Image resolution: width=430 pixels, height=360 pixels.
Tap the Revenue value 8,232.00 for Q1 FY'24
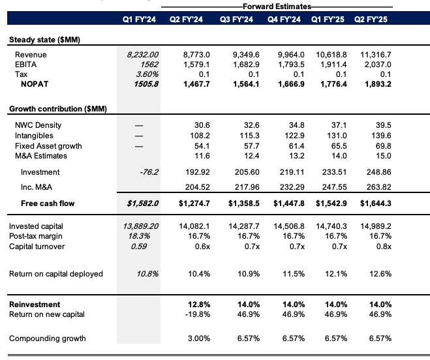(x=141, y=55)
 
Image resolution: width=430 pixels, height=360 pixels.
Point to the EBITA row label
(x=25, y=65)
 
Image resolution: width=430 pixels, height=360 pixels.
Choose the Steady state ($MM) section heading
(x=49, y=40)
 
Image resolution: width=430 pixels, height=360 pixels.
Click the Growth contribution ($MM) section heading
(x=58, y=108)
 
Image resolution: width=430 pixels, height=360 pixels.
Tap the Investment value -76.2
(x=147, y=172)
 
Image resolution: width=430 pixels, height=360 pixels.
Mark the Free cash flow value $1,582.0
(x=140, y=203)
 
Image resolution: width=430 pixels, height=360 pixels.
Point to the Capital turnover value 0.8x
(x=384, y=246)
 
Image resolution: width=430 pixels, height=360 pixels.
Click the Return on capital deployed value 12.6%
(x=383, y=274)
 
